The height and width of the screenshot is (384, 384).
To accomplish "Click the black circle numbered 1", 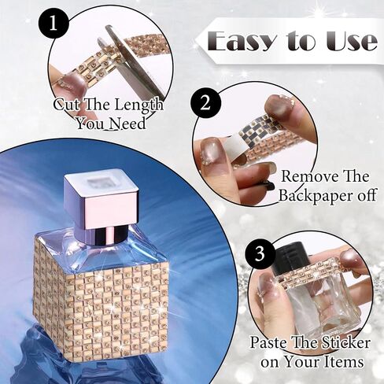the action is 54,24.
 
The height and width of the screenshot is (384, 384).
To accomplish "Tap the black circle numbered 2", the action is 205,104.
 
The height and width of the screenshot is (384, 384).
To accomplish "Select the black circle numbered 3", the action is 260,254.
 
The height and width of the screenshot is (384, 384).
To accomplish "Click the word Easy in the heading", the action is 241,41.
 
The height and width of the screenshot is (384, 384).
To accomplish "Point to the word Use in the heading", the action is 352,42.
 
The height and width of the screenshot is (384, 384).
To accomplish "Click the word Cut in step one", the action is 66,105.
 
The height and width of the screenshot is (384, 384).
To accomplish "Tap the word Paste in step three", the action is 267,343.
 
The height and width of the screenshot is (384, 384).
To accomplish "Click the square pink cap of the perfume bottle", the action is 102,196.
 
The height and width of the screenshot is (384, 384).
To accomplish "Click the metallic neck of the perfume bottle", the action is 103,236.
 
